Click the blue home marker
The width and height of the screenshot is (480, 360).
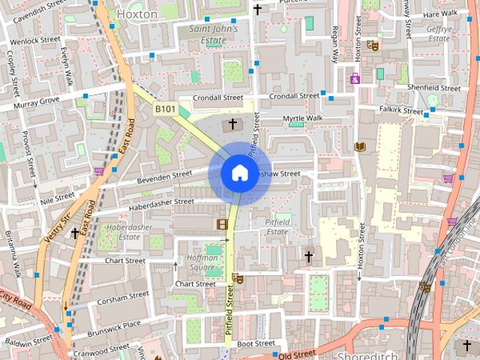tap(239, 173)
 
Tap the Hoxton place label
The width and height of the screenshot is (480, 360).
tap(138, 14)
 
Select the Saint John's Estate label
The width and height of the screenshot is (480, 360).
tap(213, 34)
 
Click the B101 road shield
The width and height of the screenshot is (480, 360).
tap(165, 109)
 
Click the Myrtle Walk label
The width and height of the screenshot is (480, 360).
tap(302, 118)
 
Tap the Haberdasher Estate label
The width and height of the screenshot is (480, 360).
tap(124, 231)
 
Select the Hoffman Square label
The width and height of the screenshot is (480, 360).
tap(201, 262)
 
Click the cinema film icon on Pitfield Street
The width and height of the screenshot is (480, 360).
tap(222, 223)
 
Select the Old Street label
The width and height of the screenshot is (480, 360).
tap(298, 352)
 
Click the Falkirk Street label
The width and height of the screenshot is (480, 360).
tap(401, 109)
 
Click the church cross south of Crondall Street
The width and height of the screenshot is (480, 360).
tap(232, 124)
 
